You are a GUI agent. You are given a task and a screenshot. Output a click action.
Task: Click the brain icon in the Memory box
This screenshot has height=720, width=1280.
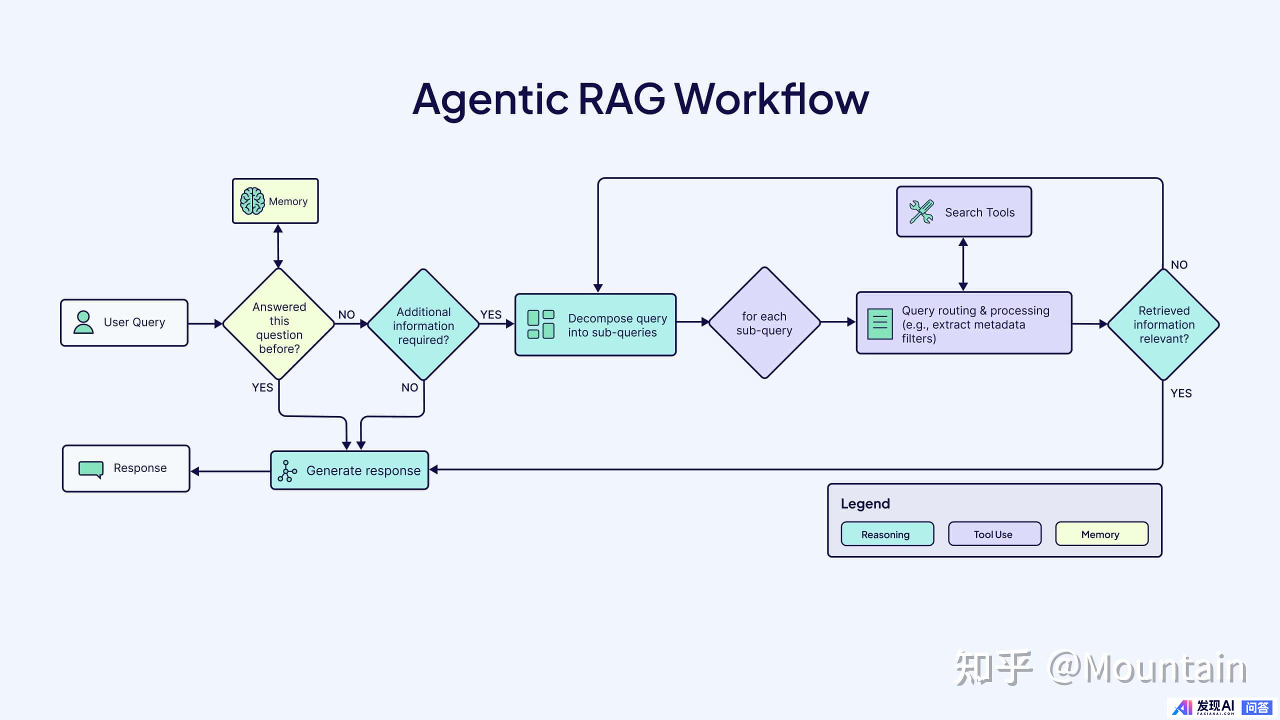click(252, 201)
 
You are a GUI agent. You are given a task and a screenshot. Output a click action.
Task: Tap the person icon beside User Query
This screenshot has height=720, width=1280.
click(83, 322)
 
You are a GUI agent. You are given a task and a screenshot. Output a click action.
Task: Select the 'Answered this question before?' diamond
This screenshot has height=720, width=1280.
click(279, 324)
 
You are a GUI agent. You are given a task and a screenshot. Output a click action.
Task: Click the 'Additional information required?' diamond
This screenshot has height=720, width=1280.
click(423, 325)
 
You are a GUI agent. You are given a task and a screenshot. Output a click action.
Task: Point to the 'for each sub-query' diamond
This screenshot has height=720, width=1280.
click(764, 323)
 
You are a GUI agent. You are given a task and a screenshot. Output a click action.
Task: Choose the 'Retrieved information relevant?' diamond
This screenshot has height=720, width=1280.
click(1163, 324)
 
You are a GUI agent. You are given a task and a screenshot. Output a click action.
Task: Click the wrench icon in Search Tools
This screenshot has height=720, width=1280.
click(921, 212)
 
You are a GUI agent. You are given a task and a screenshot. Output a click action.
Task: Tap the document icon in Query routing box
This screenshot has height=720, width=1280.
click(879, 324)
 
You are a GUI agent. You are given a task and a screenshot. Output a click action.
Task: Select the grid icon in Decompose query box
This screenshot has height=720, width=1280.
click(541, 324)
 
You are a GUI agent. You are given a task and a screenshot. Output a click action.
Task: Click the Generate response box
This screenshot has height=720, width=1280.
click(349, 470)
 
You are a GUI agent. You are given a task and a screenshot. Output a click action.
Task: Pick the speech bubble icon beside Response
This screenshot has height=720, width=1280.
click(91, 469)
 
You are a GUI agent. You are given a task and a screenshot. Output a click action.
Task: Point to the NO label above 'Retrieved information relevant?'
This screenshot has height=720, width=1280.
click(1179, 265)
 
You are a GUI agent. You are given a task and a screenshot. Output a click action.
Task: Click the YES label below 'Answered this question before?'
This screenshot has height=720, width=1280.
click(262, 387)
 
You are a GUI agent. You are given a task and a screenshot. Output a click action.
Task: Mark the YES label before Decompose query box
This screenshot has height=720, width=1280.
click(490, 314)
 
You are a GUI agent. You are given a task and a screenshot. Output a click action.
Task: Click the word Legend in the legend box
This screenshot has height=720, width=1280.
click(865, 503)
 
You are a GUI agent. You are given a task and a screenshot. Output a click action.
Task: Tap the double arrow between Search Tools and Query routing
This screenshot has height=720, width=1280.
click(963, 264)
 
